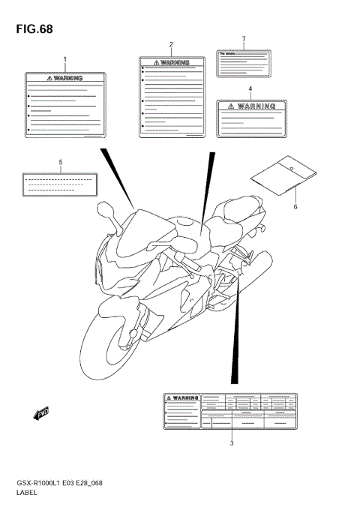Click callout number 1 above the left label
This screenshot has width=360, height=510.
[64, 58]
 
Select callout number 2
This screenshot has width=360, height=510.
[171, 45]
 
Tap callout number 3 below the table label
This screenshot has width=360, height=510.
[232, 444]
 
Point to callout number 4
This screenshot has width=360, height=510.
[250, 88]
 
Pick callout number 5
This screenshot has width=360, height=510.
[60, 161]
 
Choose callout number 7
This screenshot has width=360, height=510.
[244, 38]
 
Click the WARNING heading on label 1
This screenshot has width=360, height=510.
[64, 77]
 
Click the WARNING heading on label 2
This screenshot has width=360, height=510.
[171, 64]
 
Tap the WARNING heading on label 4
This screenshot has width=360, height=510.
[250, 106]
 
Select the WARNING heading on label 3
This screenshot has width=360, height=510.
[182, 398]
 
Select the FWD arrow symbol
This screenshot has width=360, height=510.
[41, 411]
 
